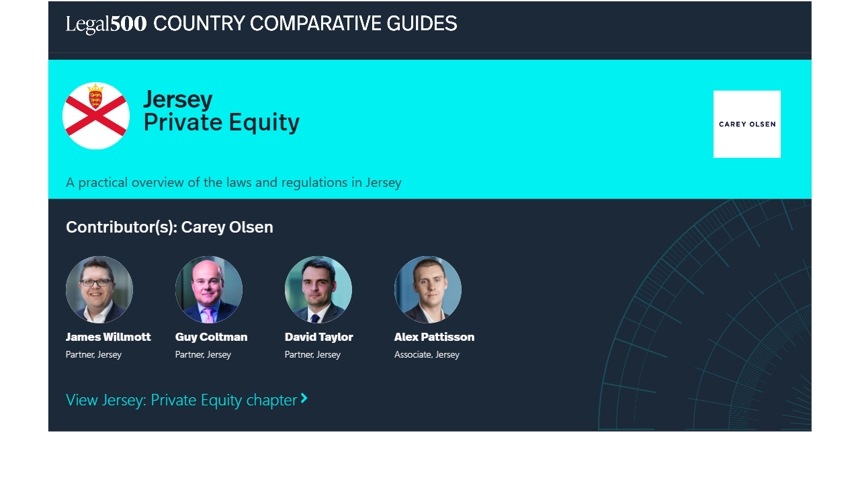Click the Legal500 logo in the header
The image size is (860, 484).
[x=106, y=24]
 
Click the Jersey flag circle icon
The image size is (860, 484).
[x=96, y=116]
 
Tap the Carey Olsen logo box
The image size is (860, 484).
[x=746, y=124]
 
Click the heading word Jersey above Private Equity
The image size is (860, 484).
[x=178, y=100]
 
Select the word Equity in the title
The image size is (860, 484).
[x=264, y=123]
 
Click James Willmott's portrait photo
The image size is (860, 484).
[x=99, y=289]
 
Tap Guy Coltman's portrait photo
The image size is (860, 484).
[x=209, y=289]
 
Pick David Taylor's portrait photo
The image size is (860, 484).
[x=318, y=289]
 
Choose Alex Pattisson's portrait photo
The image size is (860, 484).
[x=428, y=289]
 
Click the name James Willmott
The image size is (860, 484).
[x=108, y=337]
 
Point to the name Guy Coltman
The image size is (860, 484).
[x=211, y=337]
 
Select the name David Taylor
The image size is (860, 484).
[x=318, y=337]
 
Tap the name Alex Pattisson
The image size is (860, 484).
[x=434, y=337]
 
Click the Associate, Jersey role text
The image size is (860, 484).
[x=427, y=354]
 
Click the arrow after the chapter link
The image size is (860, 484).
[x=304, y=399]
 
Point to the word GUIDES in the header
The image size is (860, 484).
[x=421, y=24]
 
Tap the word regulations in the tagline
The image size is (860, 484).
[x=314, y=182]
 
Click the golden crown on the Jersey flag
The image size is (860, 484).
[x=95, y=87]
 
